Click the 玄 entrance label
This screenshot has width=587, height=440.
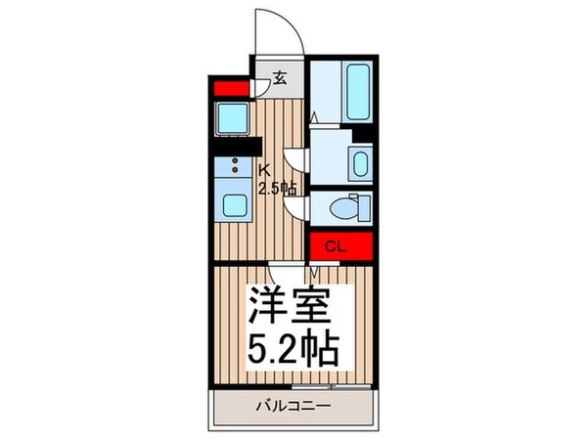279,79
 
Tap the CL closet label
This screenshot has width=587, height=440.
333,245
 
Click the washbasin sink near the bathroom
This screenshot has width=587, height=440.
360,163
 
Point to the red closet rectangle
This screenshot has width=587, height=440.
341,246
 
